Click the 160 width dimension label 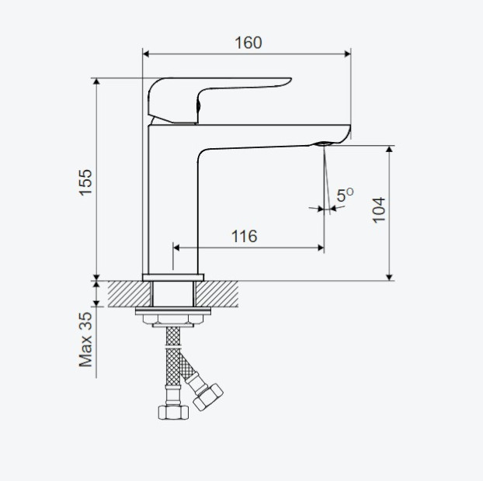(248, 43)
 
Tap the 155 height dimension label (85, 182)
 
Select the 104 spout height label (379, 210)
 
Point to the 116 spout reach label (244, 237)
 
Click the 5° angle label (345, 195)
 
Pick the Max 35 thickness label (85, 340)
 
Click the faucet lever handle (219, 100)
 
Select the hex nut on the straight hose (173, 412)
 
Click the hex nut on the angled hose (208, 397)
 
